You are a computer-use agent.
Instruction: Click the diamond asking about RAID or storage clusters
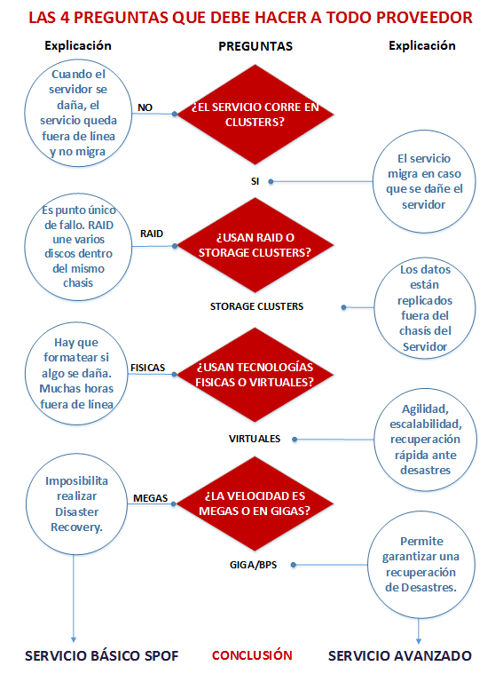coord(255,245)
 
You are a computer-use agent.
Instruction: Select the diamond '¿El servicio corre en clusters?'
coord(255,115)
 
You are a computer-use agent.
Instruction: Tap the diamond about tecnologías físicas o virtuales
coord(255,375)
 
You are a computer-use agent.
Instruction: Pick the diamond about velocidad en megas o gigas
coord(255,504)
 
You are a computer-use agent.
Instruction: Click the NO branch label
coord(145,107)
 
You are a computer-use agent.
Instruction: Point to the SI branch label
coord(255,181)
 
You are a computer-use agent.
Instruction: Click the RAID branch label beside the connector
coord(152,234)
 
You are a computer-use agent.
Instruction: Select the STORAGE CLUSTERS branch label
coord(256,306)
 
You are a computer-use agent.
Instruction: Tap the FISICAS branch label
coord(148,368)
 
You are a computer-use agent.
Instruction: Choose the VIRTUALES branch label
coord(255,439)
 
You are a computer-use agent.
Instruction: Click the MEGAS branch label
coord(150,498)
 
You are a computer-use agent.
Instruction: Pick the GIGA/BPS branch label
coord(253,565)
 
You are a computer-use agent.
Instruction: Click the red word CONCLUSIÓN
coord(252,655)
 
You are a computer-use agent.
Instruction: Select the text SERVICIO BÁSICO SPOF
coord(101,656)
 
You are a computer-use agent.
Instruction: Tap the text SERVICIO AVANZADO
coord(400,656)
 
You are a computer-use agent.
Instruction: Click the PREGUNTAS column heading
coord(255,46)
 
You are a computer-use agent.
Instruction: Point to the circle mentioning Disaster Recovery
coord(76,504)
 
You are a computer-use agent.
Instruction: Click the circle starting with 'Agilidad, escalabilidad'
coord(425,440)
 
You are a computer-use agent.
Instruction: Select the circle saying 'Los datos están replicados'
coord(425,308)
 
